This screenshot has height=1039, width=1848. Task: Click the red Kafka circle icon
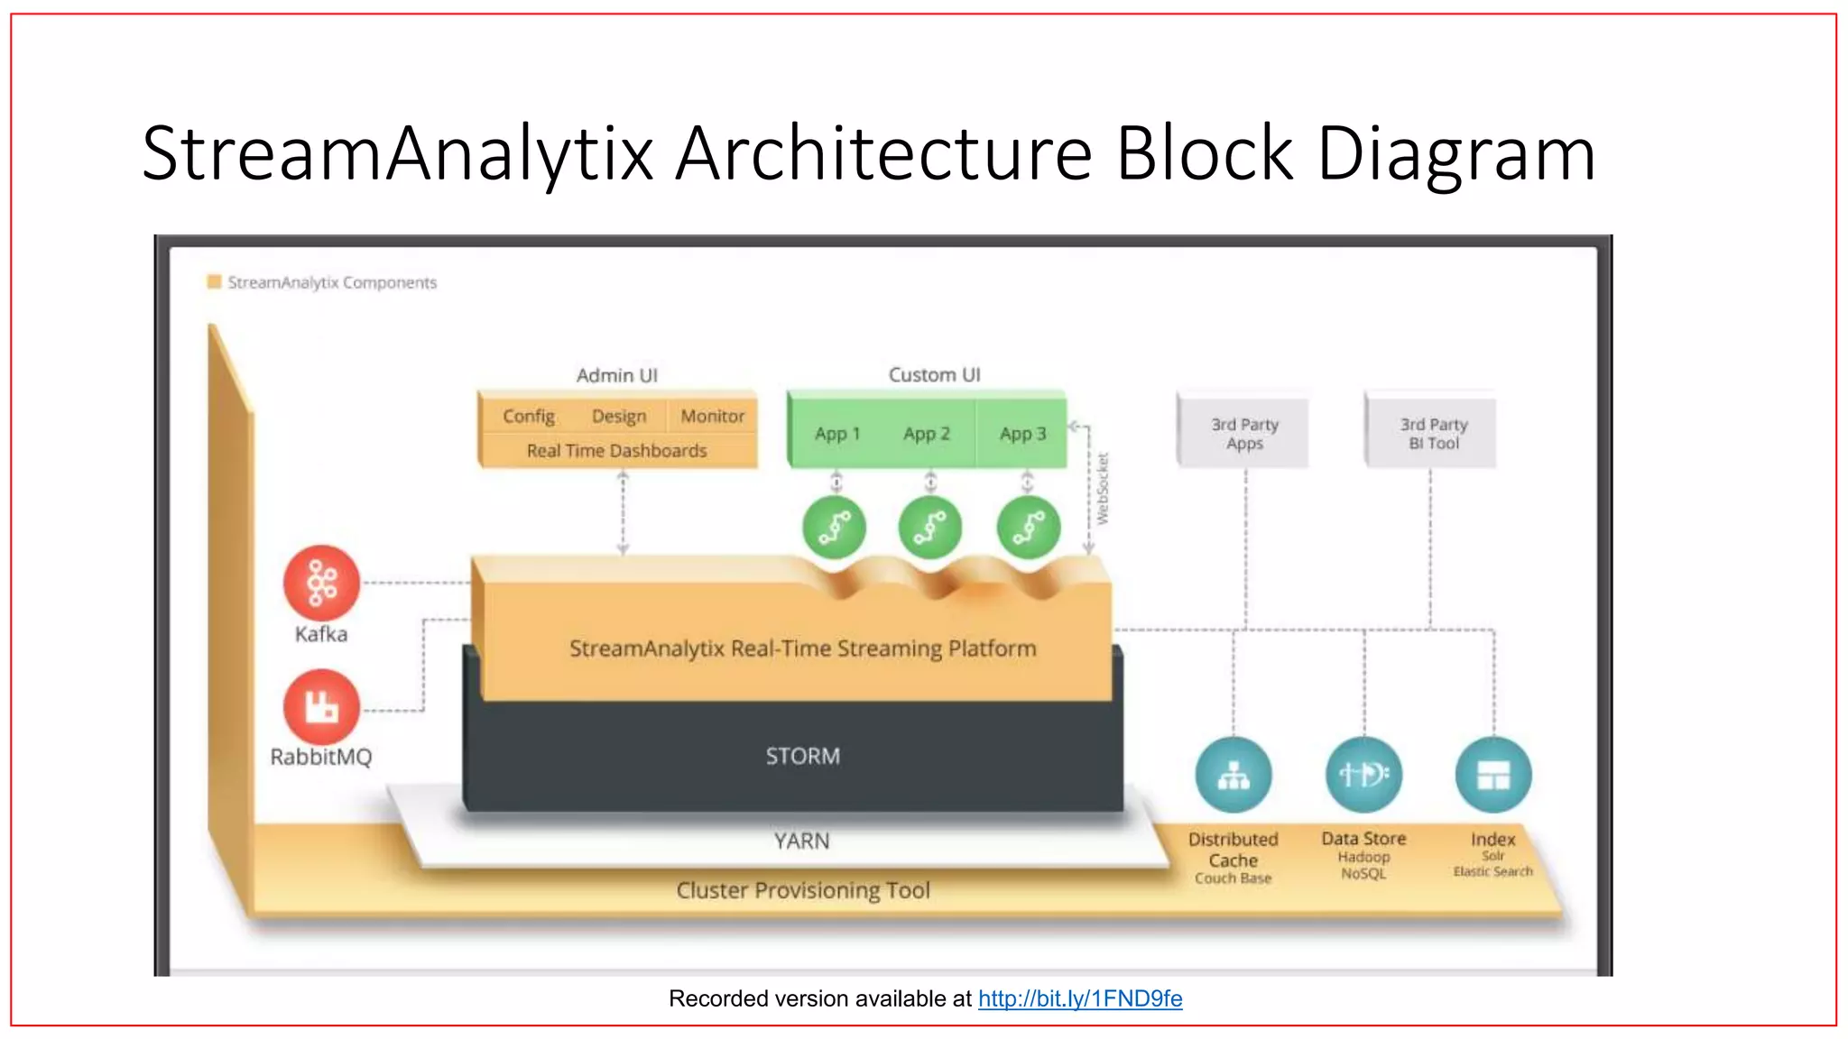click(x=321, y=583)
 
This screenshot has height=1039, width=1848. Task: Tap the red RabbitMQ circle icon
click(x=321, y=706)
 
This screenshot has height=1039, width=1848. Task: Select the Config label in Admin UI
click(x=529, y=416)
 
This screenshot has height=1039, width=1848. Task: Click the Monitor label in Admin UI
click(x=712, y=416)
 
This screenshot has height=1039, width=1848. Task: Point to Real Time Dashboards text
click(x=616, y=450)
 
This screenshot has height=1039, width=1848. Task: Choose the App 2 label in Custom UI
click(x=927, y=434)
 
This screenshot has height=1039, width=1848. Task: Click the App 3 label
click(x=1022, y=434)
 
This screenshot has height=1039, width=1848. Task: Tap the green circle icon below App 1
click(x=835, y=528)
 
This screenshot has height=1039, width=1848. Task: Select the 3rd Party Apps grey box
click(x=1244, y=434)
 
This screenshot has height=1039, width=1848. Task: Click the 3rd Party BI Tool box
click(x=1433, y=434)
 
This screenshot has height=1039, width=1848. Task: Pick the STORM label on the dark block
click(x=802, y=756)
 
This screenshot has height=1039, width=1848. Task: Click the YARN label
click(x=801, y=841)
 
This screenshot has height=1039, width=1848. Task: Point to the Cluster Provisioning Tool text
click(x=802, y=890)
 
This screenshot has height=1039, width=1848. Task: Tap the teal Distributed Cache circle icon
click(x=1234, y=775)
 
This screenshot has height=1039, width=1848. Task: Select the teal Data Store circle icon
click(x=1363, y=775)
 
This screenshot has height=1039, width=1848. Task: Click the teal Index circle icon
click(x=1493, y=775)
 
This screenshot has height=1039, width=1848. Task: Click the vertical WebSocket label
click(x=1103, y=489)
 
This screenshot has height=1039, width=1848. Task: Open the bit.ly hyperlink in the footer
click(x=1080, y=998)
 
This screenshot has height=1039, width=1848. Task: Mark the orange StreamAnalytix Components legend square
click(x=215, y=281)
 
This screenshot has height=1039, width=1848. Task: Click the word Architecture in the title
click(x=883, y=153)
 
